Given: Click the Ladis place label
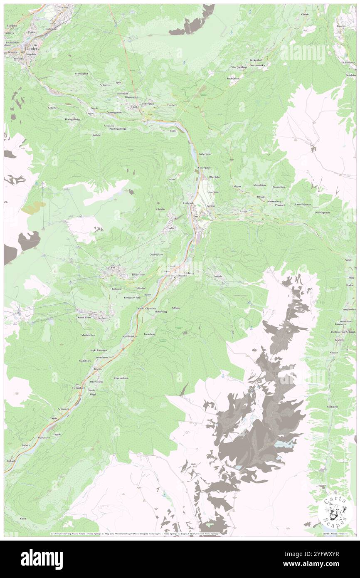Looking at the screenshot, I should [170, 228].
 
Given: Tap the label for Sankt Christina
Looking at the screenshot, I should [147, 309].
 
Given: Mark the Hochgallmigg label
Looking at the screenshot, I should [72, 119].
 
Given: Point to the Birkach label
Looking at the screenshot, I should [12, 461].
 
